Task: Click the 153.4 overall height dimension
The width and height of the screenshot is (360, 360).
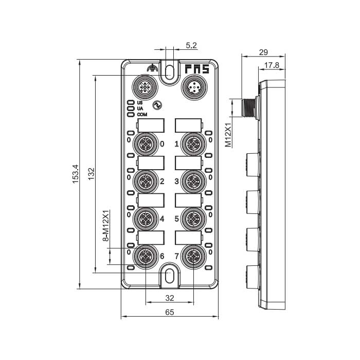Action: [x=75, y=174]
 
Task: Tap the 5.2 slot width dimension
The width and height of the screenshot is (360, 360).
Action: [x=191, y=46]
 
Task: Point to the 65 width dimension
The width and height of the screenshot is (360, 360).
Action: [x=169, y=312]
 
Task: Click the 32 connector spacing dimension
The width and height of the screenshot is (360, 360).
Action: [x=169, y=298]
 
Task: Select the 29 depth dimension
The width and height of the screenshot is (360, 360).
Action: [x=263, y=52]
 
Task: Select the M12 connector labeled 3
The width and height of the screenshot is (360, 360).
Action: [x=194, y=181]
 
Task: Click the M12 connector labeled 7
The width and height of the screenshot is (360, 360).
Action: [x=194, y=256]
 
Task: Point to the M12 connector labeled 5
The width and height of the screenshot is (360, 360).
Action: [x=194, y=219]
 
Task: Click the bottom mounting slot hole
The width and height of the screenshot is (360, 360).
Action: [x=169, y=276]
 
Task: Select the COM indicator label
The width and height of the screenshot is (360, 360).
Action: [x=141, y=114]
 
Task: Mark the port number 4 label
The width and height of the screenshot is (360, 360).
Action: [x=162, y=219]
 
